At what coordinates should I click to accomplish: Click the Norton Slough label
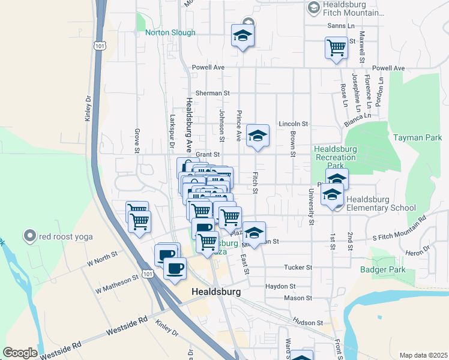(x=170, y=32)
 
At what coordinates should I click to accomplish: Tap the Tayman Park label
(x=417, y=137)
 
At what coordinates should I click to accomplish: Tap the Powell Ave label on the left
(x=208, y=68)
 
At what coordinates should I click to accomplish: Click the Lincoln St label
(x=293, y=124)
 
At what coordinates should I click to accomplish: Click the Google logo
(x=20, y=353)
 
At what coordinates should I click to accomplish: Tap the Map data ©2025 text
(x=423, y=355)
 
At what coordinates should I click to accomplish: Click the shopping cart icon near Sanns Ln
(x=336, y=47)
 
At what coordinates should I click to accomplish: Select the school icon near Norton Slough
(x=243, y=35)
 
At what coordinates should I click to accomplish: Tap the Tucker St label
(x=298, y=267)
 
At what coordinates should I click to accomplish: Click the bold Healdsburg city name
(x=216, y=292)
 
